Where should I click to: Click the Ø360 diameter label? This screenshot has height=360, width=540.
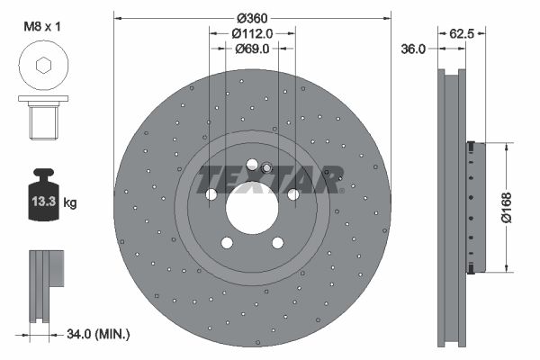[x=252, y=17]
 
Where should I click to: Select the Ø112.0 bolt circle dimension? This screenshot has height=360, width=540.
[x=252, y=33]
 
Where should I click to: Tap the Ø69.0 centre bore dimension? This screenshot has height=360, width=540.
[x=252, y=49]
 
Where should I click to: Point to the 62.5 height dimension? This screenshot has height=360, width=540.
[x=462, y=33]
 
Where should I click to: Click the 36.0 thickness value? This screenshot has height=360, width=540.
[x=413, y=49]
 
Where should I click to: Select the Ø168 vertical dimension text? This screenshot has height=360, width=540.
[x=507, y=208]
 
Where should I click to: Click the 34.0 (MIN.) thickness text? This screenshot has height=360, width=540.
[x=98, y=334]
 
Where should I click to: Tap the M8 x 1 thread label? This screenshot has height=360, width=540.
[x=42, y=26]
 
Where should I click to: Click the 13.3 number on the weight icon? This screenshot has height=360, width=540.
[x=44, y=202]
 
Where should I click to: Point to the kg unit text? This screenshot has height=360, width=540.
[x=70, y=202]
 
